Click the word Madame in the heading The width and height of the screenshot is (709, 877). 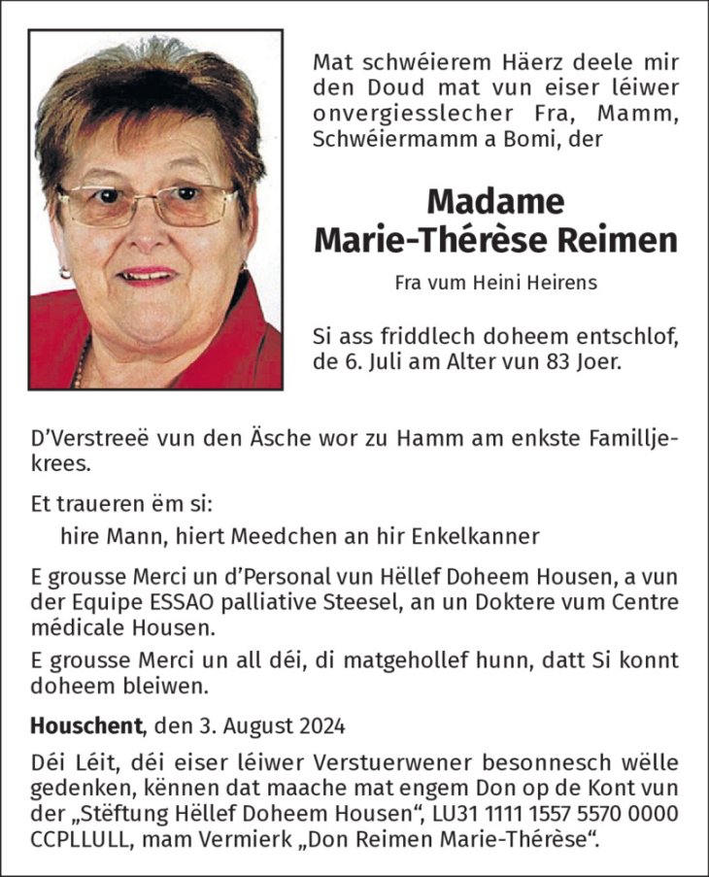(495, 201)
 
